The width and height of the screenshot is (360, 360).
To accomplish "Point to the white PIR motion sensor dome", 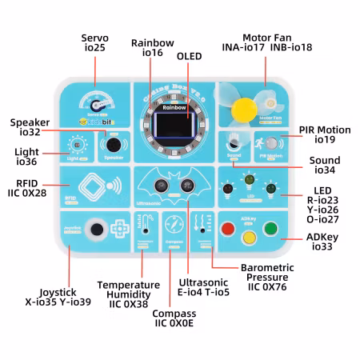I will [x=272, y=143].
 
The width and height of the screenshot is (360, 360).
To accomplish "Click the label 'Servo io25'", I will [x=95, y=43].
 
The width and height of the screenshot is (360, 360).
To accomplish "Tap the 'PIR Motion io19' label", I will [x=324, y=134].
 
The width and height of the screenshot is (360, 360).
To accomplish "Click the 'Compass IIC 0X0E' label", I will [x=175, y=318].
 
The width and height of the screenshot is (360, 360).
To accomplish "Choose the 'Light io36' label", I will [x=25, y=156].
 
